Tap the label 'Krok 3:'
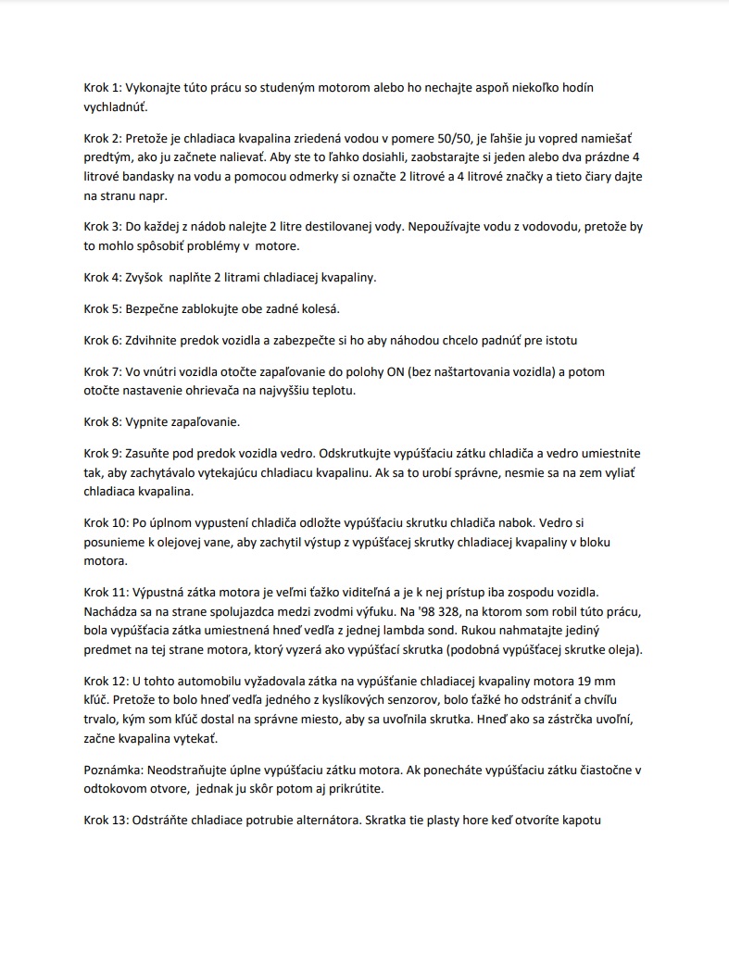point(103,227)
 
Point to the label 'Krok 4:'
point(103,278)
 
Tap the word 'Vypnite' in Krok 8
point(148,422)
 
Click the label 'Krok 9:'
point(103,454)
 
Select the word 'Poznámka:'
point(112,770)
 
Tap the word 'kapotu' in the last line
point(584,820)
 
